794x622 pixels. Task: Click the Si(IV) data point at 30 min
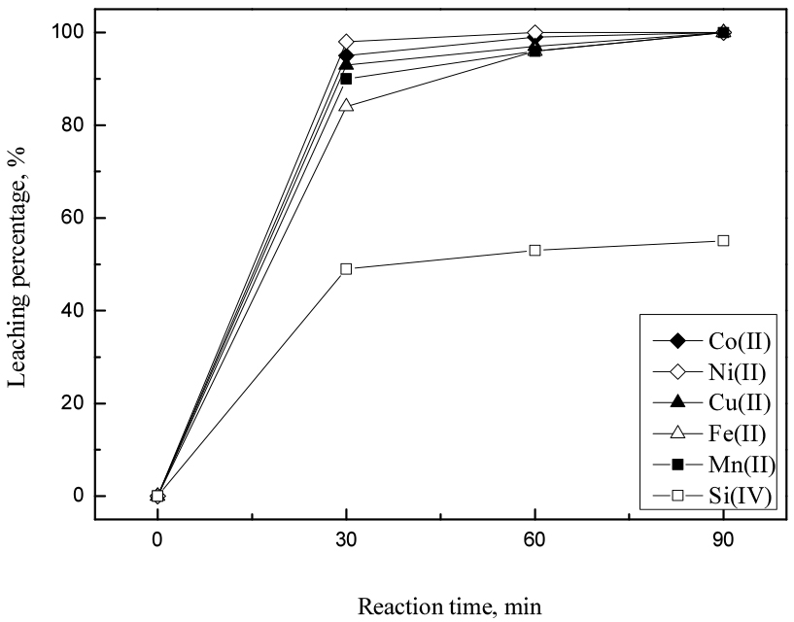click(x=346, y=269)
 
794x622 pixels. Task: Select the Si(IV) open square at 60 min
click(x=535, y=251)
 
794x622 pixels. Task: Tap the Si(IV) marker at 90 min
click(x=723, y=241)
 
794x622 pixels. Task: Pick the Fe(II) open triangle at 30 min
click(x=346, y=105)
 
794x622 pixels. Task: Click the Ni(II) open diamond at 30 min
click(x=346, y=42)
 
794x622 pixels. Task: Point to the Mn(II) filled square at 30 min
click(x=346, y=79)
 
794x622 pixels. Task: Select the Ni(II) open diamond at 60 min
click(x=535, y=33)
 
